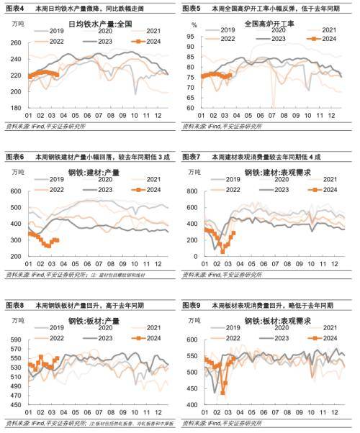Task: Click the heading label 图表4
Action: tap(14, 6)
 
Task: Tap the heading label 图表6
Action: tap(14, 156)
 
